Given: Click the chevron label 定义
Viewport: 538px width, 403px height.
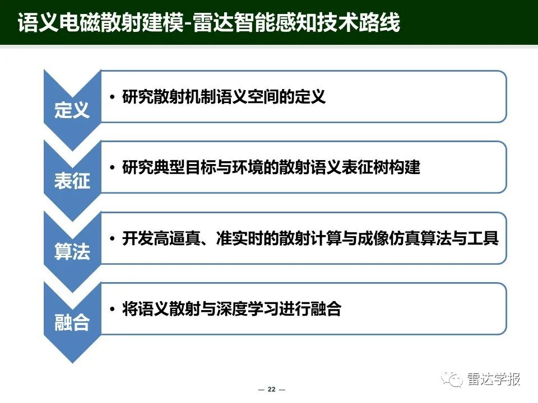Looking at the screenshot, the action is pos(72,110).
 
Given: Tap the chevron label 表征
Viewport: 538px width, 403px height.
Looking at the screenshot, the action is pos(72,181).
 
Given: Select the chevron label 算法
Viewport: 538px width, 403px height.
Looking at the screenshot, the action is pos(72,251).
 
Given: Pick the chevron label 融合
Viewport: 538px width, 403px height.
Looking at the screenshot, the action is pos(72,322).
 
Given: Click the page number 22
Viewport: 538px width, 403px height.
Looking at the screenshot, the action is pos(271,390).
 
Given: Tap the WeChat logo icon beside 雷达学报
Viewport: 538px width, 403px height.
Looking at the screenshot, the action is pos(452,379).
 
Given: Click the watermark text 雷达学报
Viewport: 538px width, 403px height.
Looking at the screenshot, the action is pos(493,379).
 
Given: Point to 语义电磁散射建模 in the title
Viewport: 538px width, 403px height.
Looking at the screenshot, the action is pos(100,22).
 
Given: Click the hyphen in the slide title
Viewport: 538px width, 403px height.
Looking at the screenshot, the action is pos(188,25).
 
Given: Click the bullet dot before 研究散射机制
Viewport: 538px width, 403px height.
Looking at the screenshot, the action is pos(112,97).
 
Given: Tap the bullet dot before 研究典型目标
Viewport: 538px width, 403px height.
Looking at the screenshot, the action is pos(112,168).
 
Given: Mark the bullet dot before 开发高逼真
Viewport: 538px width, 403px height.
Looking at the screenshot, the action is pos(112,238).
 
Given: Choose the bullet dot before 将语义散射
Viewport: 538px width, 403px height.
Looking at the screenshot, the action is pos(112,309).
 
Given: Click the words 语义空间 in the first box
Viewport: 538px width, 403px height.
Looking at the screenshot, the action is pos(247,97).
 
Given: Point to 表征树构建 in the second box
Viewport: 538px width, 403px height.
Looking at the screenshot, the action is pos(381,167).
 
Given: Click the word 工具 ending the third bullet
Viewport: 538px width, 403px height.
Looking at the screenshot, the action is pos(483,238).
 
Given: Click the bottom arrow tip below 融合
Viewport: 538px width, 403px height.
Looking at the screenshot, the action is pos(72,363).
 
